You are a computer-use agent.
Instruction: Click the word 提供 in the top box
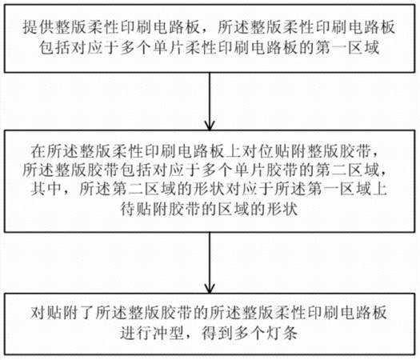(39, 27)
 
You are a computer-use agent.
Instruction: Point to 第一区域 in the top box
(347, 48)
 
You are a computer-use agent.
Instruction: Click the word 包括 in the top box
(55, 48)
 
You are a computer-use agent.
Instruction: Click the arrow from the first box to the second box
(210, 102)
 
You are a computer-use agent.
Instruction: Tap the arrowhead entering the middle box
(210, 126)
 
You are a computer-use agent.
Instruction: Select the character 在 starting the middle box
(38, 151)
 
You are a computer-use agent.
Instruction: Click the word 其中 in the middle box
(46, 189)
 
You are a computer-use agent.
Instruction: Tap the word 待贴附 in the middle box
(144, 208)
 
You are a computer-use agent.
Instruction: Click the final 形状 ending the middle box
(282, 208)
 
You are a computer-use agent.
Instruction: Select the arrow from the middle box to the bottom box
(210, 262)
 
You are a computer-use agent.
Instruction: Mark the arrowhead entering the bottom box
(210, 289)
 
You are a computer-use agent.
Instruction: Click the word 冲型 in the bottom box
(169, 334)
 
